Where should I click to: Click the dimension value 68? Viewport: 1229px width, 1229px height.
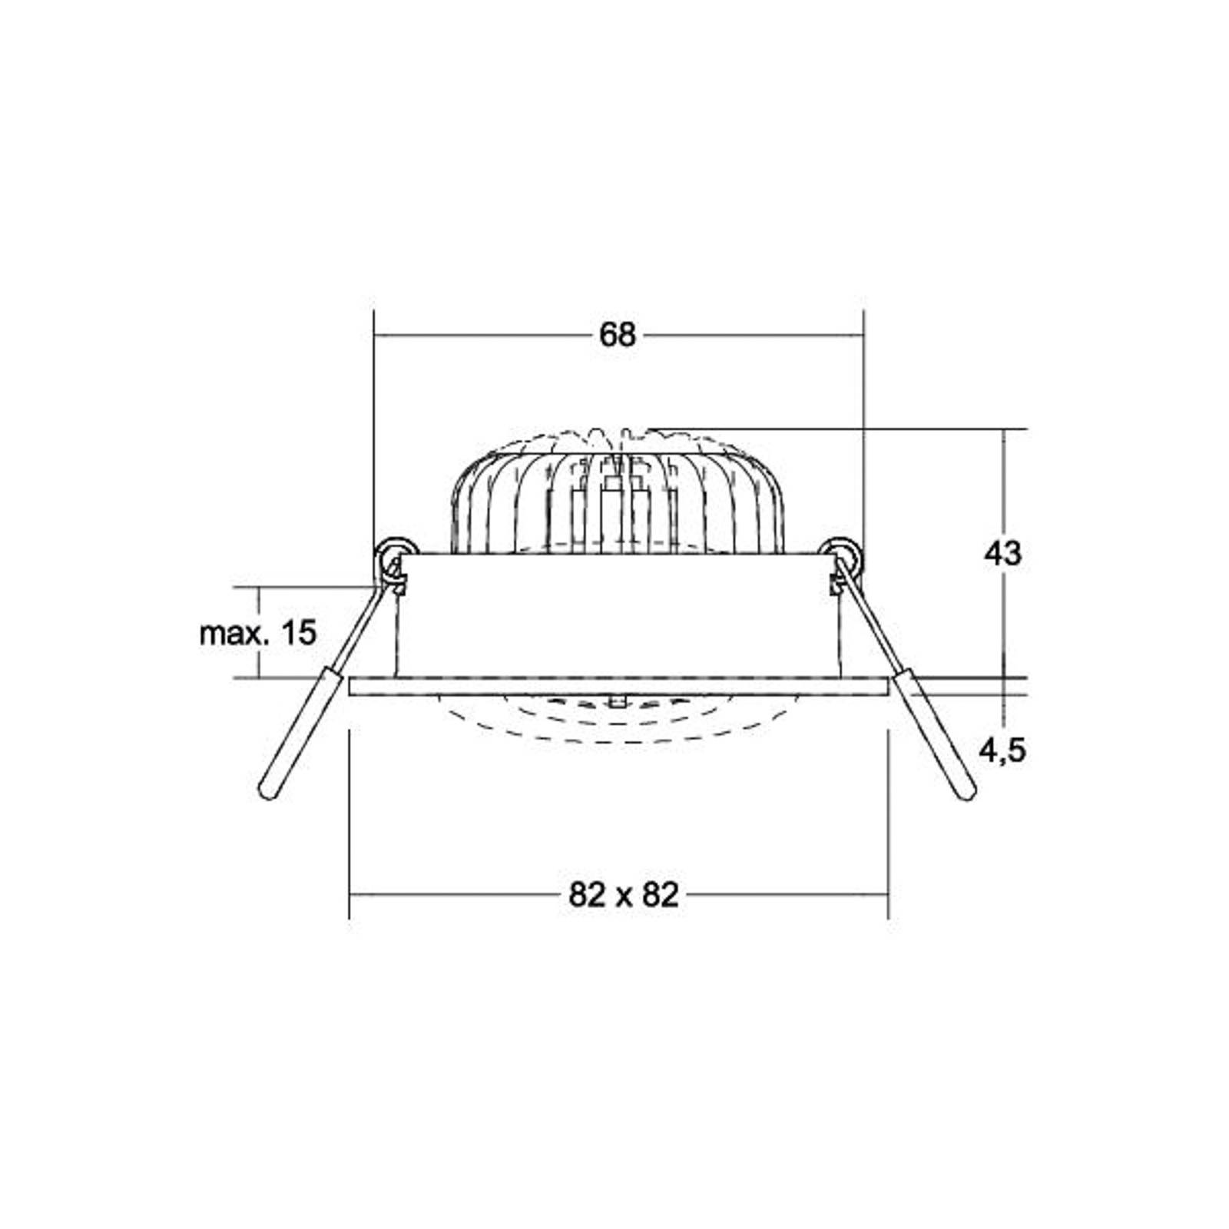(618, 335)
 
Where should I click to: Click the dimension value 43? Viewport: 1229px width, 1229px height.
(1002, 553)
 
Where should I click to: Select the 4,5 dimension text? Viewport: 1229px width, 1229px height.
(1002, 749)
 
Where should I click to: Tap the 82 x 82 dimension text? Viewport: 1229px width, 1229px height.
(624, 895)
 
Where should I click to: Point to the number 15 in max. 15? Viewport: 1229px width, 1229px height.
(299, 633)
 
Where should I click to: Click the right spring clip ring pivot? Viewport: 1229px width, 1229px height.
(841, 551)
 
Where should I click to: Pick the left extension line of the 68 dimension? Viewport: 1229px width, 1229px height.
(373, 422)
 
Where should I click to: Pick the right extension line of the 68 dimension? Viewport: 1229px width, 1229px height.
(864, 422)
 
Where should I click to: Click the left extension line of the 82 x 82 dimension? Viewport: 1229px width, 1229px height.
(350, 830)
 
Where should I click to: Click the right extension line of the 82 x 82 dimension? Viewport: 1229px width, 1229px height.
(889, 830)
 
